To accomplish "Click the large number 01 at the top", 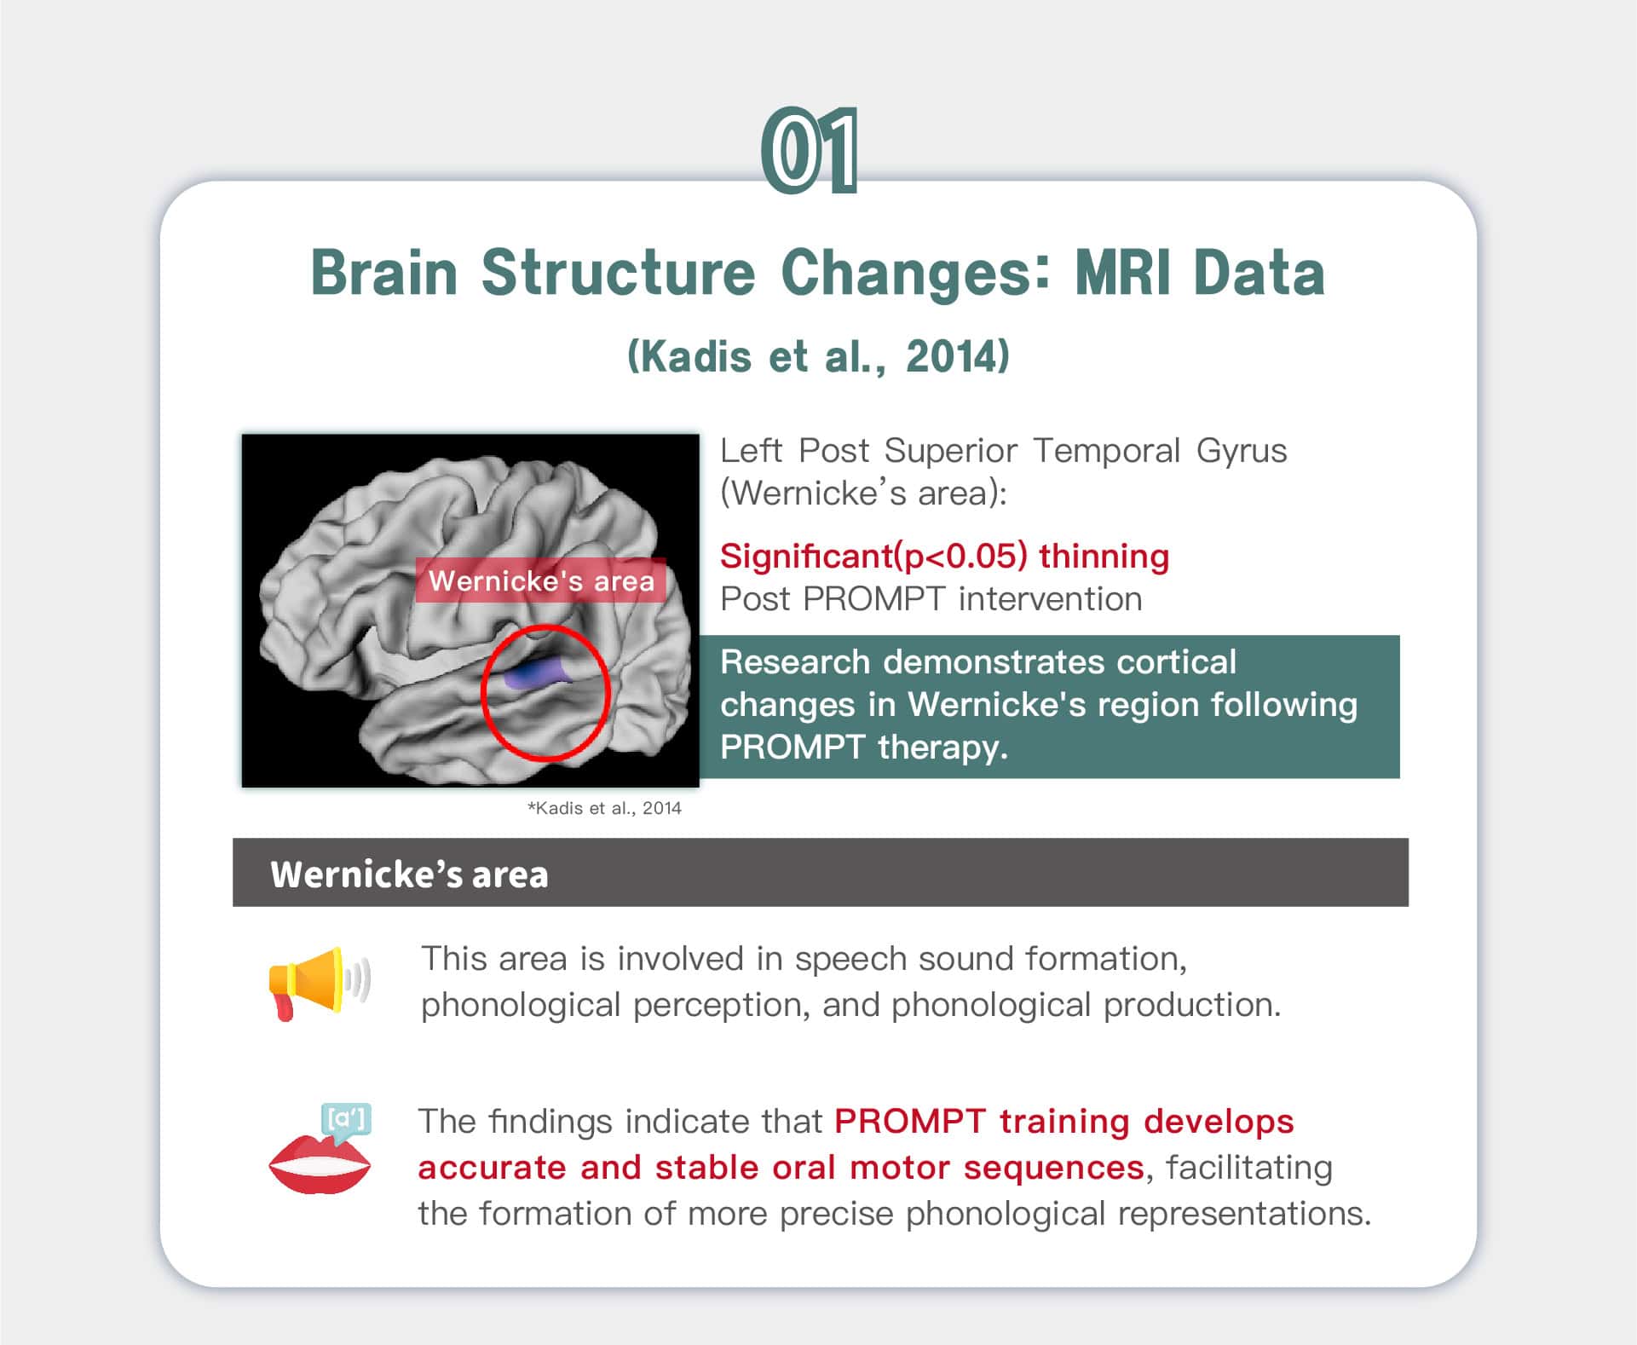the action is coord(809,150).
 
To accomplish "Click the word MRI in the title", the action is coord(1124,273).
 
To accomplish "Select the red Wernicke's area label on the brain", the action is coord(540,580).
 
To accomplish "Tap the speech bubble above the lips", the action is coord(345,1120).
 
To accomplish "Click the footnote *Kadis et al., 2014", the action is coord(604,808).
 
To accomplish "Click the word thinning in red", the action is coord(1104,556).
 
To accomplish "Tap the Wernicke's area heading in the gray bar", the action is coord(409,875).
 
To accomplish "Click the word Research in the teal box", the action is coord(795,662).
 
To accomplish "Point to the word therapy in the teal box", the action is coord(942,748).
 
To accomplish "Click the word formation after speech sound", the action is coord(1106,959).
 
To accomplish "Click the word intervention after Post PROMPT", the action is coord(1050,599).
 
